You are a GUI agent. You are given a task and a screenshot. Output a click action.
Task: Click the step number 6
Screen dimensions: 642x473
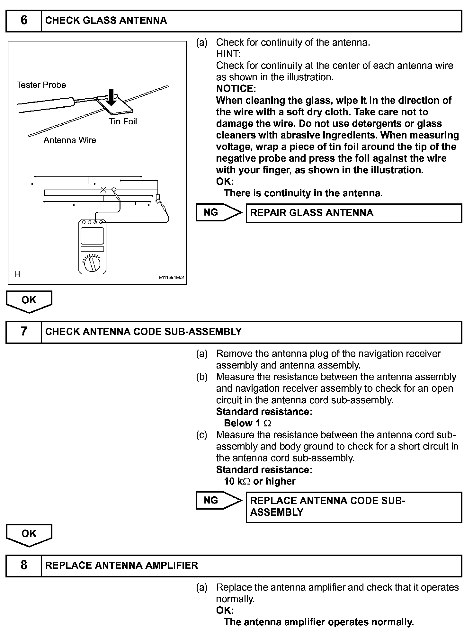24,21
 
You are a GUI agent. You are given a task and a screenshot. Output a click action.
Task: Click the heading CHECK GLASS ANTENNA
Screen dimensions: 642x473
106,21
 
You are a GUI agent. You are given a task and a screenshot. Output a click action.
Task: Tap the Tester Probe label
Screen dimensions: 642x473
41,85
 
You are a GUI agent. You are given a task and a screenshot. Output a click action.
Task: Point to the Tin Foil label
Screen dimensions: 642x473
123,121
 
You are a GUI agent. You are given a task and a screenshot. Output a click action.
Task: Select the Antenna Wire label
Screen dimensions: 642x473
70,140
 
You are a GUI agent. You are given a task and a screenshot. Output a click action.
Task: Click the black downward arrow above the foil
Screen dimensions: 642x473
111,97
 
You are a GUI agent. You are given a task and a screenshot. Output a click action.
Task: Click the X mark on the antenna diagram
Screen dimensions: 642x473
103,190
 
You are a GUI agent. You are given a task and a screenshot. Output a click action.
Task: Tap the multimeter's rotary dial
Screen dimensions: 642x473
92,264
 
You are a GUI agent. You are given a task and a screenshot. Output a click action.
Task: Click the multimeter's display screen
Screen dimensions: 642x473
92,236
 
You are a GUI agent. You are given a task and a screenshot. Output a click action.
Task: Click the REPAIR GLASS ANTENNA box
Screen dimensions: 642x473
353,213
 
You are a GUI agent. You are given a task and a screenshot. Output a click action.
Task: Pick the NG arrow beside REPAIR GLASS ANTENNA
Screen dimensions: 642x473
219,212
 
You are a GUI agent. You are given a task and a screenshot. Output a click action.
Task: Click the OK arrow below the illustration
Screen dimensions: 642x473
29,301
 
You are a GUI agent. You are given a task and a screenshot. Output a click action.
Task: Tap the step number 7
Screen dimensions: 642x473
24,332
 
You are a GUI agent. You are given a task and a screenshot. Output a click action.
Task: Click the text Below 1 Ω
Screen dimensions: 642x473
247,423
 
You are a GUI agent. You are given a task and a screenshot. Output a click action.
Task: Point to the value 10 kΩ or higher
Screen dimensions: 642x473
260,481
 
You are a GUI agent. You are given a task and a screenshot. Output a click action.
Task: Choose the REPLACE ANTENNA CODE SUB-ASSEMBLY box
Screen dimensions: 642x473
353,507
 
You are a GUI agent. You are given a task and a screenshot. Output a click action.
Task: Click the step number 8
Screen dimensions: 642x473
24,565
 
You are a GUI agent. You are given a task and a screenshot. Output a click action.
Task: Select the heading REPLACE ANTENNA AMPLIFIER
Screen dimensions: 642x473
121,566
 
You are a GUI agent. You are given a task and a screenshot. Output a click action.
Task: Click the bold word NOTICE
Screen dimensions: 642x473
236,89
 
